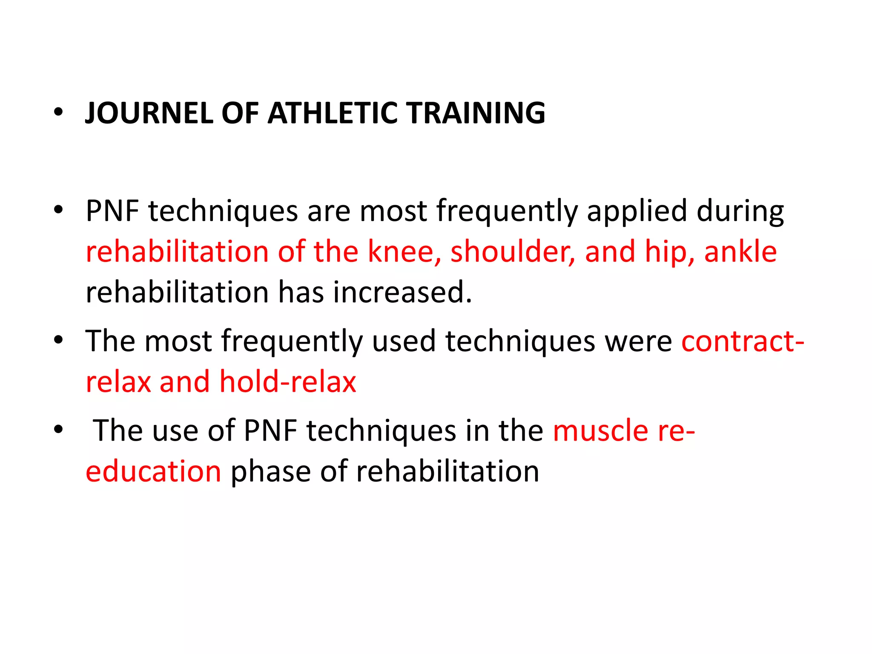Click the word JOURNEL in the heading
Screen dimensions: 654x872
(148, 113)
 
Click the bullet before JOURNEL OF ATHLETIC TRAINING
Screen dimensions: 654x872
(58, 112)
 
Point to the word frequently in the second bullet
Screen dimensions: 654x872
(507, 211)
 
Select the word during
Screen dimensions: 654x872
(740, 211)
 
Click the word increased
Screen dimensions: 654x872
(402, 293)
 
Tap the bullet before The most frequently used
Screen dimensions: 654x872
(58, 340)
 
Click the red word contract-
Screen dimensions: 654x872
(743, 341)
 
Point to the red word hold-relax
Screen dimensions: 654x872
(287, 382)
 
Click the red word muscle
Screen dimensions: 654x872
(600, 430)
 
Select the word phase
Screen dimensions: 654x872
(270, 472)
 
